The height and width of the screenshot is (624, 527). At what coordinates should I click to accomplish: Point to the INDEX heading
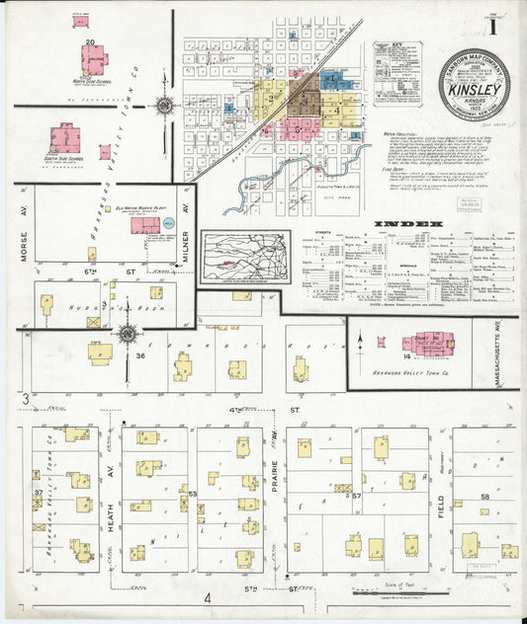(x=407, y=225)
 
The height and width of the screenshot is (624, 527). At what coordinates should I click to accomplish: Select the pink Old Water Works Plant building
(x=145, y=225)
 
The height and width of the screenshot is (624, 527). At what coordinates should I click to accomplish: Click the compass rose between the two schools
(x=165, y=104)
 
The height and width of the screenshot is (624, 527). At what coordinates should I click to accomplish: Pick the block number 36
(x=140, y=356)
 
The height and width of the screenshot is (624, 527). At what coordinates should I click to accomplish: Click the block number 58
(x=485, y=496)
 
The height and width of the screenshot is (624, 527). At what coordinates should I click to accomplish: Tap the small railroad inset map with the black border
(x=244, y=258)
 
